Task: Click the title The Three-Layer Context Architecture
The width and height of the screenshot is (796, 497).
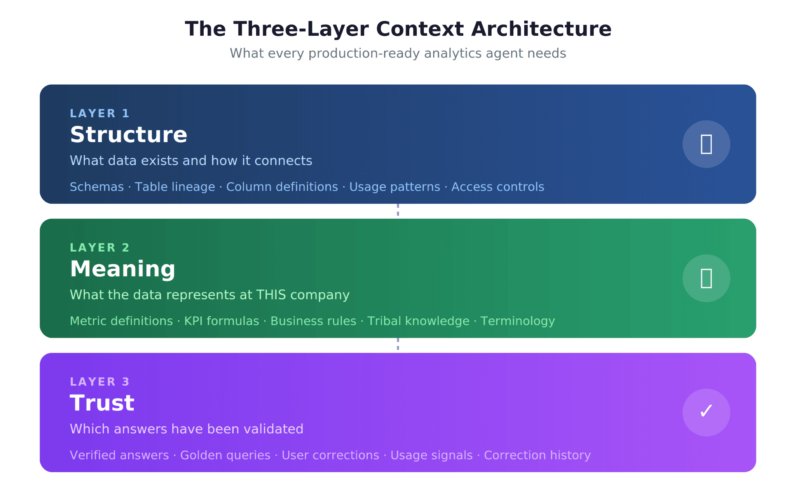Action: point(398,29)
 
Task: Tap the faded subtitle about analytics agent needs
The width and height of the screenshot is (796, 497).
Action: point(398,53)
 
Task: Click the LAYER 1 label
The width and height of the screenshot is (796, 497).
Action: point(99,113)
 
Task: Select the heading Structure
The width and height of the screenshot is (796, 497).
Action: point(129,135)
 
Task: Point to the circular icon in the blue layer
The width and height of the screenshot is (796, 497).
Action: point(706,144)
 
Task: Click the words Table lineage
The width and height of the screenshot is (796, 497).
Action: point(175,187)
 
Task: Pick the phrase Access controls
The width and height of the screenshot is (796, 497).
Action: point(497,187)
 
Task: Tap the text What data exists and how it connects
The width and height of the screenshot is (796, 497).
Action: point(191,161)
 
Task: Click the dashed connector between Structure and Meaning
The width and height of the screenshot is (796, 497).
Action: point(398,210)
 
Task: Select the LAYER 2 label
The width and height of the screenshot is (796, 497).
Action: point(99,248)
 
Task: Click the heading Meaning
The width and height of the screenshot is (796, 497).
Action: point(122,269)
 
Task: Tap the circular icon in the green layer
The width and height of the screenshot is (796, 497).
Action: point(706,278)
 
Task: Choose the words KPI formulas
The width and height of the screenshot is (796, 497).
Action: point(222,321)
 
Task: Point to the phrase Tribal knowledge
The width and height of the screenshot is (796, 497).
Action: point(418,321)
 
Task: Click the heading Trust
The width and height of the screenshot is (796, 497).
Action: point(102,403)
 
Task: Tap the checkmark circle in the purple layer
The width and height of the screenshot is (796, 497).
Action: point(706,412)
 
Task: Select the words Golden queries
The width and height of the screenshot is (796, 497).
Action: point(225,455)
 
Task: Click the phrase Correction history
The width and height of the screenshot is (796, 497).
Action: point(537,455)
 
